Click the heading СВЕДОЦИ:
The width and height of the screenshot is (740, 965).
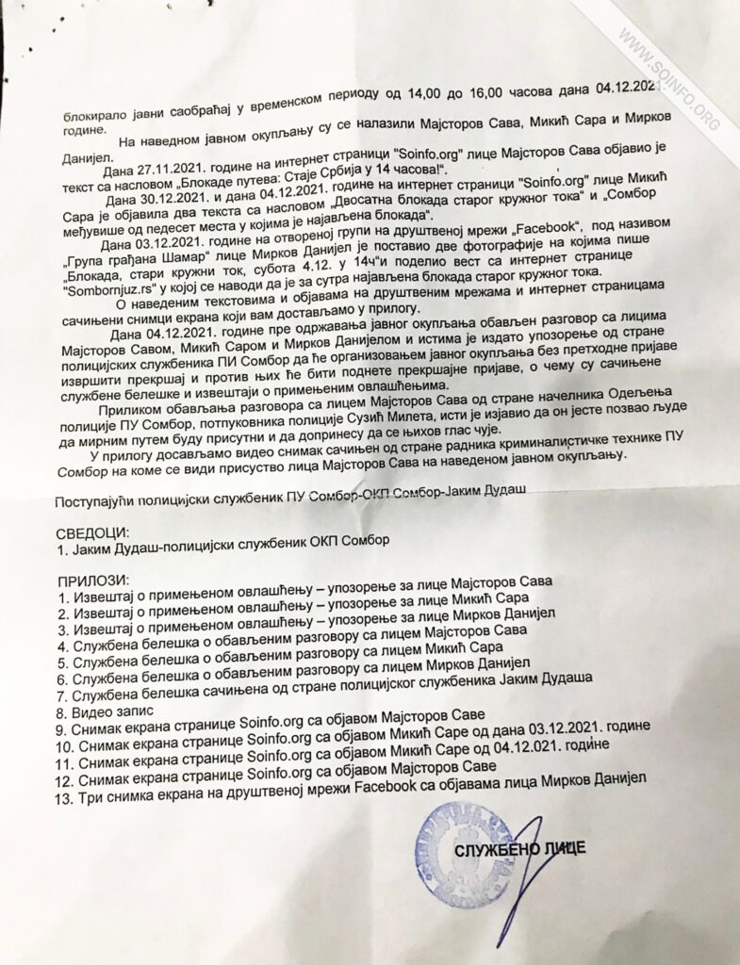pyautogui.click(x=91, y=532)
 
